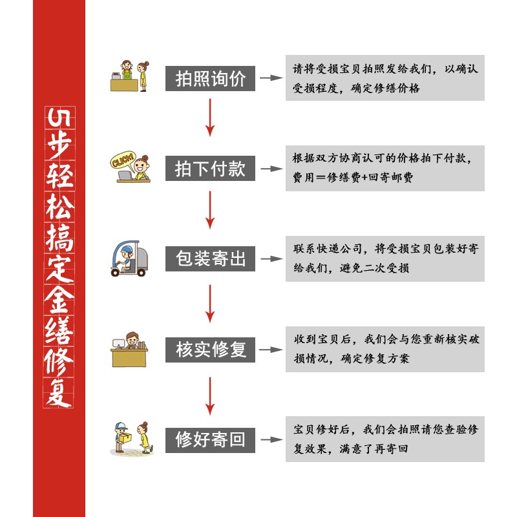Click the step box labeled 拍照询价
[211, 78]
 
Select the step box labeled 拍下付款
[211, 169]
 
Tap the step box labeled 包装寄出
[211, 259]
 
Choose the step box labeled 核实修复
[211, 350]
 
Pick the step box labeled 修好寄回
[211, 440]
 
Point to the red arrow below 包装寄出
[209, 302]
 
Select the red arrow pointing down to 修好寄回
[209, 395]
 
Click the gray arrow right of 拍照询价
[272, 78]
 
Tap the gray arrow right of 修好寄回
[272, 440]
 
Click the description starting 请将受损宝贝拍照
[385, 78]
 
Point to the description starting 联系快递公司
[385, 258]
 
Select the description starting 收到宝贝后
[385, 349]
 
